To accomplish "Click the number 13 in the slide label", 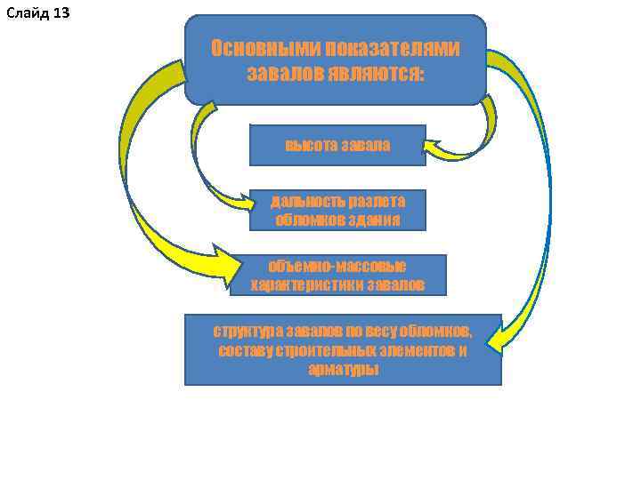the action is (x=61, y=12).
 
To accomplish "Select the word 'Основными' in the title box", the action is (x=265, y=48).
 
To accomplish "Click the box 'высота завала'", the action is (x=337, y=145).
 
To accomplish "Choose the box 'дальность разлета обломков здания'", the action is (x=337, y=211).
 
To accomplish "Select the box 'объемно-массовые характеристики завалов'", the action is (x=337, y=275).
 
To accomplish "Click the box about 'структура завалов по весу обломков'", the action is (x=343, y=349).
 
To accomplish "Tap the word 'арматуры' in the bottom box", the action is (x=343, y=369).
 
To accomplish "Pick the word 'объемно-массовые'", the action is (x=337, y=266).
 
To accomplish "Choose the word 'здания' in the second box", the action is (x=377, y=220).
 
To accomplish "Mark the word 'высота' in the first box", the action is (x=307, y=145).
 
